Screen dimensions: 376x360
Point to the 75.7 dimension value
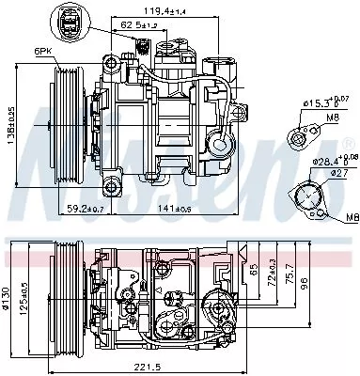tap(291, 278)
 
